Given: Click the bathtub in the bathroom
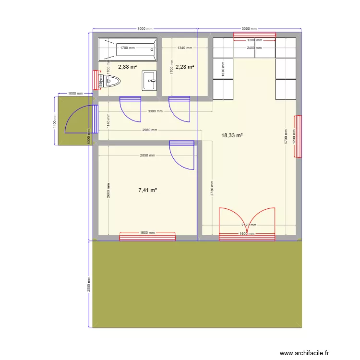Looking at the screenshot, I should [x=128, y=49].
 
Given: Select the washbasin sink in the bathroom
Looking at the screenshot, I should [x=149, y=80].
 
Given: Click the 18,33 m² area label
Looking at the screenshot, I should [x=232, y=136].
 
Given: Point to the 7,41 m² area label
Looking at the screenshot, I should [x=148, y=190].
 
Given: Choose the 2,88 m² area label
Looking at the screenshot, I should [x=128, y=67].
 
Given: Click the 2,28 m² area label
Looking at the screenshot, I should [x=185, y=67].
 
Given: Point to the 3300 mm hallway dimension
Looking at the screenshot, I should [x=155, y=111].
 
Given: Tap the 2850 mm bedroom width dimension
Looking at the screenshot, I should [x=147, y=156].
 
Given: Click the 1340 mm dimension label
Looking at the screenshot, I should [x=184, y=48].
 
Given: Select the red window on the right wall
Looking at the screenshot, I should [x=299, y=136].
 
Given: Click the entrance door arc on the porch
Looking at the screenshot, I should [x=77, y=120].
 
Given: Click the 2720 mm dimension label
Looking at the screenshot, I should [x=248, y=225].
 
